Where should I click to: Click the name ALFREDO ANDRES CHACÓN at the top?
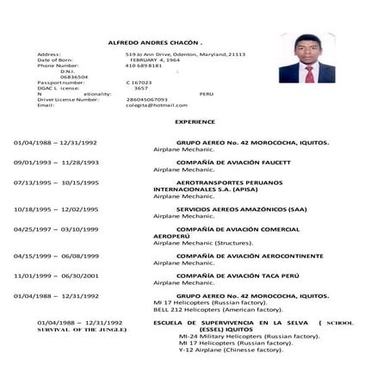[154, 41]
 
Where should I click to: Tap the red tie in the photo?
[309, 73]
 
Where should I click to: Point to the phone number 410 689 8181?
[144, 65]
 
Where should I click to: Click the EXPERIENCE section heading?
[194, 122]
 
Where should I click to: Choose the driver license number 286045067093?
[146, 99]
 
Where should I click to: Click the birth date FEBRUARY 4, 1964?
[155, 59]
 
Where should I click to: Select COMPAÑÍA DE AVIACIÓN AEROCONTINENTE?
[250, 256]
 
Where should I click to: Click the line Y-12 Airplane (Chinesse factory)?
[231, 350]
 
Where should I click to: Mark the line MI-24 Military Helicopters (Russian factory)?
[249, 336]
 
